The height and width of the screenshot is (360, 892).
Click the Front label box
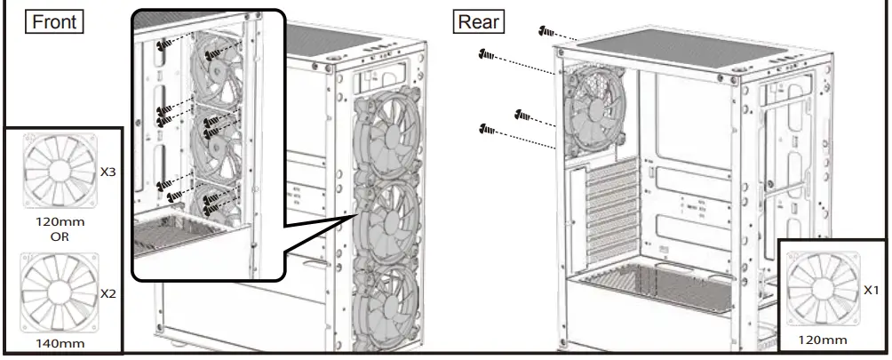53,21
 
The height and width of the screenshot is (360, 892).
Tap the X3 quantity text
108,172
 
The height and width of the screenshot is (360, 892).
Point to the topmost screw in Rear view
544,32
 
